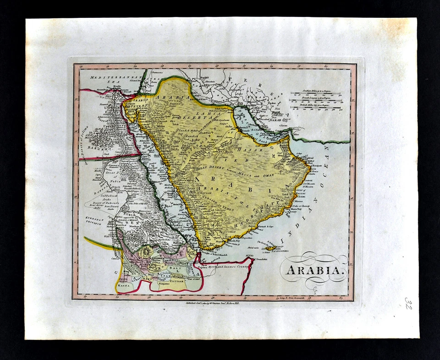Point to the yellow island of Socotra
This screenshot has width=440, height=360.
(271, 248)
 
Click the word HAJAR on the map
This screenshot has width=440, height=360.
(255, 150)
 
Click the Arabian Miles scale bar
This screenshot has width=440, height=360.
(316, 94)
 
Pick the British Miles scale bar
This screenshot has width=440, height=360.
(316, 108)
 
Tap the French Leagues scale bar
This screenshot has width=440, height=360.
(316, 101)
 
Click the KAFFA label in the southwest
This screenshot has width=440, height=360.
(123, 284)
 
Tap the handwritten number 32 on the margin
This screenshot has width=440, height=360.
(408, 303)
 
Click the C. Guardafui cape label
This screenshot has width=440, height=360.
(248, 260)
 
